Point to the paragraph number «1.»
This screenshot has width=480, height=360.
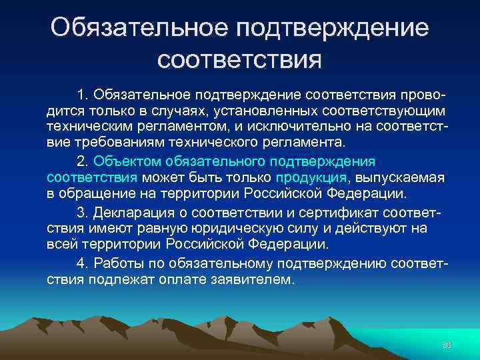coord(83,91)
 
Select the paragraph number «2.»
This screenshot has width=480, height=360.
coord(83,161)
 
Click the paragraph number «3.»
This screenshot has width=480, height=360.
coord(83,212)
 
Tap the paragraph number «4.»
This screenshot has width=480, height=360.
coord(83,263)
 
